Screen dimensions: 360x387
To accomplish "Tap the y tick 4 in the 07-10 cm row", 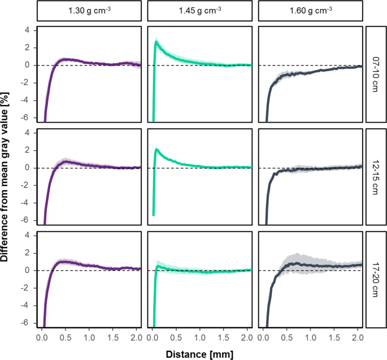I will tap(26, 31).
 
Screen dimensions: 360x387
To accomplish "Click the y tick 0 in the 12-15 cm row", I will tap(26, 168).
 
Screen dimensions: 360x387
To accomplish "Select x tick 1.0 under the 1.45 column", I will tap(200, 337).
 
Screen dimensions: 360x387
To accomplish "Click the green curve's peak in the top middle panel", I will tap(156, 41).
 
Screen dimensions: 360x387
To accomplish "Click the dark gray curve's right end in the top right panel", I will tap(361, 66).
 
